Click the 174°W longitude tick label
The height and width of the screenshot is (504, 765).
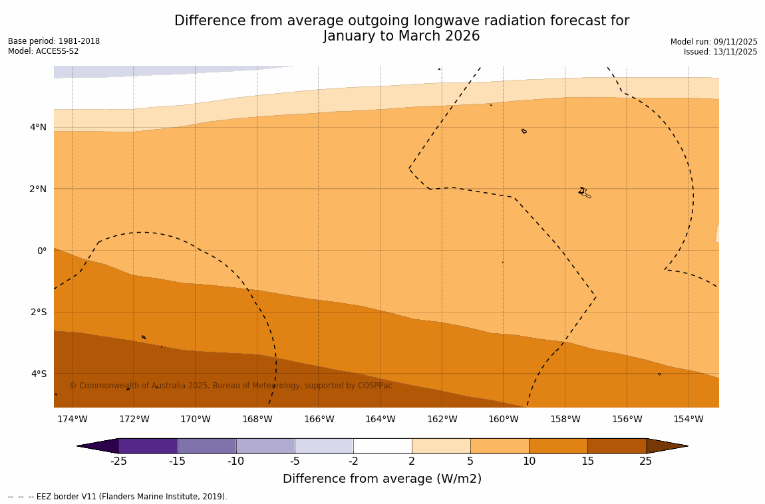click(x=72, y=419)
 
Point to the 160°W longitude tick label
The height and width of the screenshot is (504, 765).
click(x=503, y=419)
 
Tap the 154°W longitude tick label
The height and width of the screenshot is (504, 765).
click(x=688, y=419)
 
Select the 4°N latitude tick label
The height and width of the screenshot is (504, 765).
click(x=39, y=127)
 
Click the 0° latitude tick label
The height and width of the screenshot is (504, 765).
click(x=42, y=251)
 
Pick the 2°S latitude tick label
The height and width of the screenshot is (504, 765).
click(x=39, y=312)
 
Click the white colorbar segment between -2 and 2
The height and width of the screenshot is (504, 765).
click(x=382, y=445)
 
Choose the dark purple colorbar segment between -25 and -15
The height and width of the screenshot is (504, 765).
click(x=148, y=445)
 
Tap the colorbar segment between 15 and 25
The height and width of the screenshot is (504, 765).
click(x=617, y=445)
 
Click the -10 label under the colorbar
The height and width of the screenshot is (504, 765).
click(x=235, y=461)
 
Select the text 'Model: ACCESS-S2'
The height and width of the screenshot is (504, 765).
click(x=43, y=51)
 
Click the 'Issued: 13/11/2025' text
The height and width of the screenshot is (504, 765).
click(x=720, y=52)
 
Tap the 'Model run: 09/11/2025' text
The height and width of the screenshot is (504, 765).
click(x=714, y=42)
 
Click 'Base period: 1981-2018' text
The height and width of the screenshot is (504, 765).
click(x=54, y=41)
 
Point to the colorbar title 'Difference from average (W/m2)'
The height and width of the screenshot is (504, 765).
click(x=382, y=479)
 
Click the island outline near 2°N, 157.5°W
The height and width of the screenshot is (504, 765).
click(x=583, y=192)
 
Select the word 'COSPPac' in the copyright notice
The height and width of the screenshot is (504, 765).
click(x=375, y=386)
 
